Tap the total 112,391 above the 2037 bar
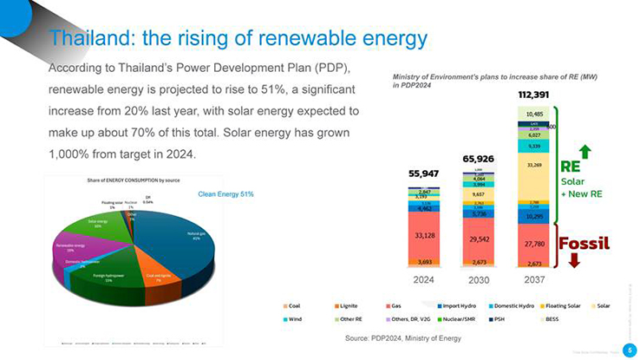pyautogui.click(x=534, y=94)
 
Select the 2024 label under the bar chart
pyautogui.click(x=423, y=280)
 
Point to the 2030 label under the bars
pyautogui.click(x=478, y=280)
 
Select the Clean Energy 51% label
pyautogui.click(x=226, y=193)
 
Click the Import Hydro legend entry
pyautogui.click(x=460, y=305)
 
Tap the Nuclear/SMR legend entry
pyautogui.click(x=460, y=318)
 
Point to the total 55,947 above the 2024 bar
pyautogui.click(x=424, y=173)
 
